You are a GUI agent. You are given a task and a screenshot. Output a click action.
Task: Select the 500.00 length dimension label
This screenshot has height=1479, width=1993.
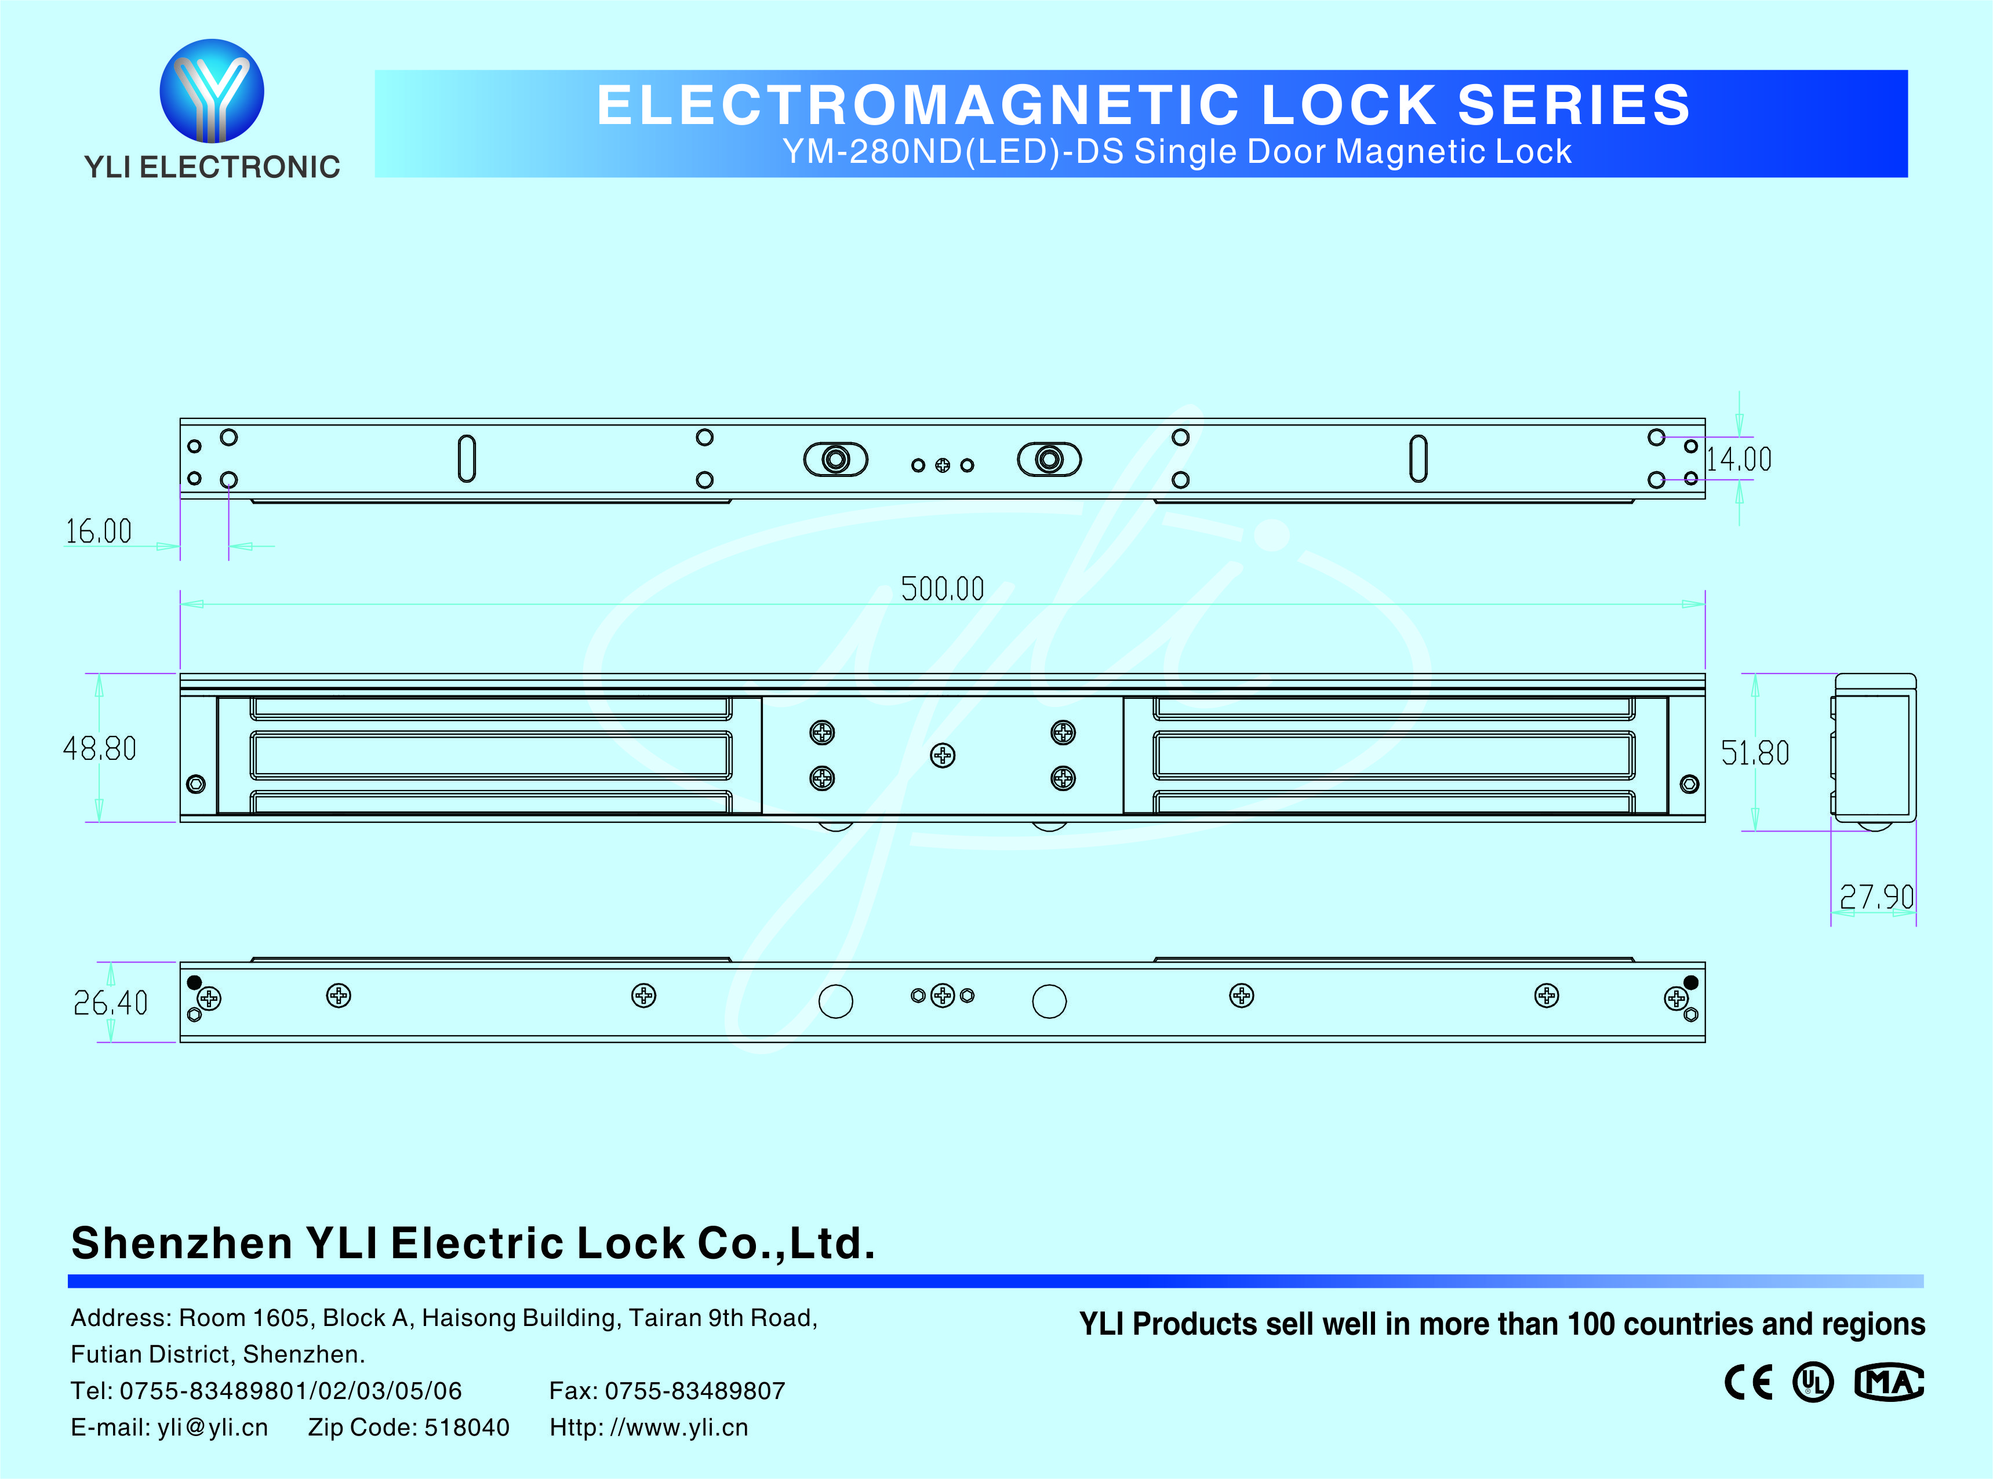(x=942, y=589)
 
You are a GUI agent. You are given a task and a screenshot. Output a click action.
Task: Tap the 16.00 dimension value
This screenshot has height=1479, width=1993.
(x=99, y=532)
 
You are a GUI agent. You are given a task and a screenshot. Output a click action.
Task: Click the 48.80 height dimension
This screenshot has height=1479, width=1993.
(x=99, y=748)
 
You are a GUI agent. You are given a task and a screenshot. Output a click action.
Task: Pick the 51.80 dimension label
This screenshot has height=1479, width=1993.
(x=1755, y=753)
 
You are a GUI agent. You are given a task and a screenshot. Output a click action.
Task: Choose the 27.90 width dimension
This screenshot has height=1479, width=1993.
(x=1876, y=896)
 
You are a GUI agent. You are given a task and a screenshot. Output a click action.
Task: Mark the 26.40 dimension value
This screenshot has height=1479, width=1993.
(x=110, y=1003)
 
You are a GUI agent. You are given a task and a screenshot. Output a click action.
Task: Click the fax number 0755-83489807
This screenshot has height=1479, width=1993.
(x=695, y=1390)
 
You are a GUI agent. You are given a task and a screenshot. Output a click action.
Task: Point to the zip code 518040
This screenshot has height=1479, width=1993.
(x=467, y=1427)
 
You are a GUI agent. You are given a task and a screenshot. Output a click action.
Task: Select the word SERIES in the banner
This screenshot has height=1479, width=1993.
(x=1574, y=105)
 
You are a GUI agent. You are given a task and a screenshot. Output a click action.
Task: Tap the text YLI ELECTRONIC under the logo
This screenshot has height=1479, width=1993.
(x=212, y=166)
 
